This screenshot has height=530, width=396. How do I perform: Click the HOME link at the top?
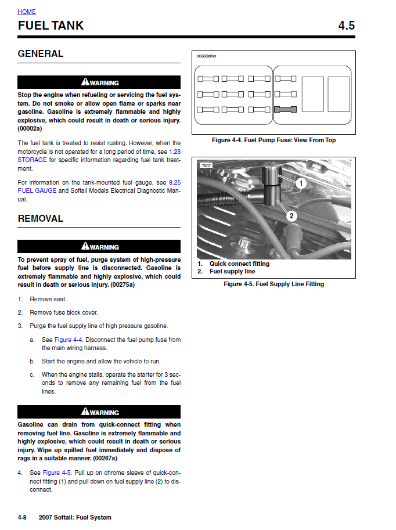27,12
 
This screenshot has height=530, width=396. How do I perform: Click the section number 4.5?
346,26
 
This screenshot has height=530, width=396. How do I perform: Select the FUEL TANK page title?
51,26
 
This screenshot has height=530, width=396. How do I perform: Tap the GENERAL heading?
41,54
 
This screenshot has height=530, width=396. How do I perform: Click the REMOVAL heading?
41,219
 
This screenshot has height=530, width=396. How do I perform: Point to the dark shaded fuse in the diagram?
285,109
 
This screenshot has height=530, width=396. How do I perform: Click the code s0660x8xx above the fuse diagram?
206,56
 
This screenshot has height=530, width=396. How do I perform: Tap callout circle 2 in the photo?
291,216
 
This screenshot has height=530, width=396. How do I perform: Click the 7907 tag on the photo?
206,166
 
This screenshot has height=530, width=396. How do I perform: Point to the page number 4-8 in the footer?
23,517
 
